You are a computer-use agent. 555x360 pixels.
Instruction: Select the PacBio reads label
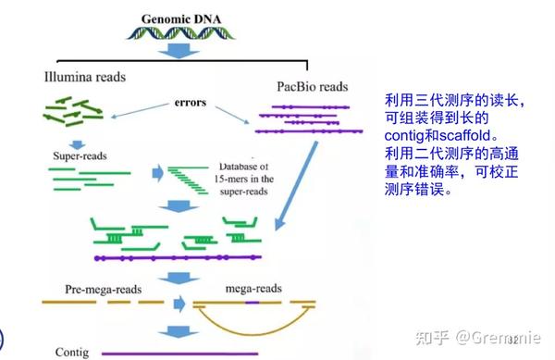(312, 87)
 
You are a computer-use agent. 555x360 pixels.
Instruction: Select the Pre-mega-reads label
(91, 289)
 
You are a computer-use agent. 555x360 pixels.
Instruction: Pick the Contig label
(71, 352)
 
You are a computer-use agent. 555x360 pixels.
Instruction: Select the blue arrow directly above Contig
(170, 328)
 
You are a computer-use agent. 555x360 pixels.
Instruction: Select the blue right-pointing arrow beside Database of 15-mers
(158, 173)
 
